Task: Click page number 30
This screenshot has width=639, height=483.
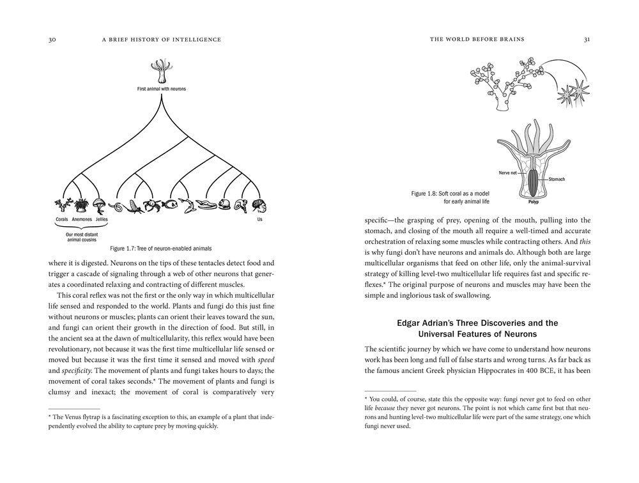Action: pos(52,40)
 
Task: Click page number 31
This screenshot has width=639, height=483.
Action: pos(587,40)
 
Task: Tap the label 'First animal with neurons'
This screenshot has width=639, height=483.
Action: pos(162,89)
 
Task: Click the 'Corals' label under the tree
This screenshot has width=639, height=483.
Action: pos(61,219)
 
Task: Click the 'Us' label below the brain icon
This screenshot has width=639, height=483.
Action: pos(259,219)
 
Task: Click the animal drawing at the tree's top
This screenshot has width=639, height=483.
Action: pos(160,71)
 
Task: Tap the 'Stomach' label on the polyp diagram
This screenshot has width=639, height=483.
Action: pos(556,180)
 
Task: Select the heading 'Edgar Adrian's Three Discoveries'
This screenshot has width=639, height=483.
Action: pos(477,323)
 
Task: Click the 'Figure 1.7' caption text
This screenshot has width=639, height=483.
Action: pos(160,248)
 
